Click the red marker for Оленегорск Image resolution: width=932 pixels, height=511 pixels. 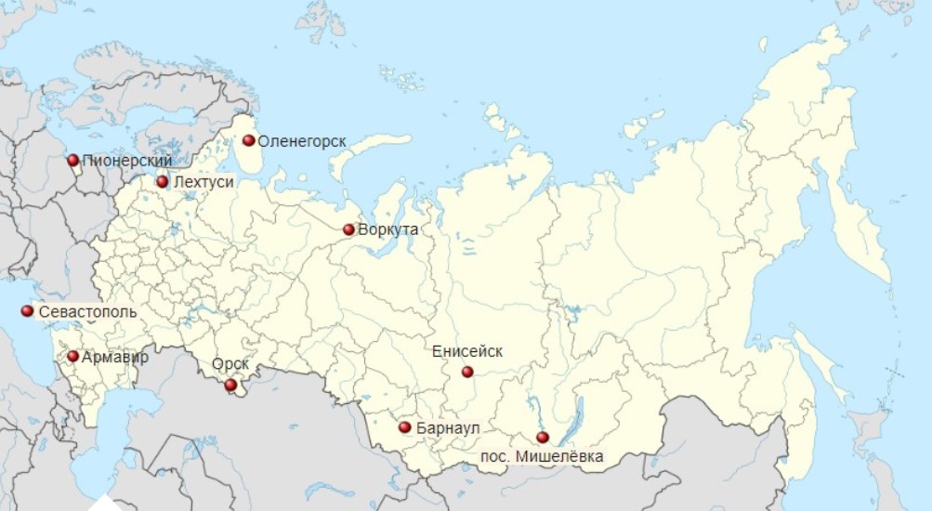249,141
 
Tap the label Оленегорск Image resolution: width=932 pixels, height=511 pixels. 302,141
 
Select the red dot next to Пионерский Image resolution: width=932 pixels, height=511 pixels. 73,160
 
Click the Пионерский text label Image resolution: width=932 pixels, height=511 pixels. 127,161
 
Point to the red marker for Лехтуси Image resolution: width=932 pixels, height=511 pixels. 163,182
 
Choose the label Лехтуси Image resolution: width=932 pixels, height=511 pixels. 203,182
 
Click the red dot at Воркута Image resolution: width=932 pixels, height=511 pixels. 348,229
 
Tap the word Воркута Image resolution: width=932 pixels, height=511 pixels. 388,229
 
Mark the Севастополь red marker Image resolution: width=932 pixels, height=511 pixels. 28,311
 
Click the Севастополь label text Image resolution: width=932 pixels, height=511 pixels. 88,312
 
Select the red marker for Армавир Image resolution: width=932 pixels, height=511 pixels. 73,356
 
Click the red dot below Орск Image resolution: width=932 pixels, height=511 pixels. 230,385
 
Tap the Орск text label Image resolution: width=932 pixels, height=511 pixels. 230,365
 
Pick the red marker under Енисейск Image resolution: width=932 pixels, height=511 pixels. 467,372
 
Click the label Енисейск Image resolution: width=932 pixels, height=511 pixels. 467,351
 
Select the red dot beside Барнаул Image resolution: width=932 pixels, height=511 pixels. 404,427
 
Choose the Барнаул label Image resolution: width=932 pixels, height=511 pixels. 449,428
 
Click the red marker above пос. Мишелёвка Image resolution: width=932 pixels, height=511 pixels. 543,438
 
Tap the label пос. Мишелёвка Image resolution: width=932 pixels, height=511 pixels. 542,456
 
